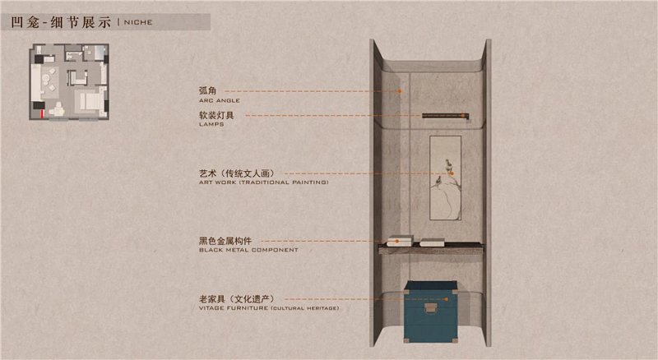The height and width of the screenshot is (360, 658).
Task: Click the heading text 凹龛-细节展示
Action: point(61,22)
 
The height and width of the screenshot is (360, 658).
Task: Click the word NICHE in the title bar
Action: point(138,22)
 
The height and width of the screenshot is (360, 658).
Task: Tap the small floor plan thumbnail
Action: point(69,82)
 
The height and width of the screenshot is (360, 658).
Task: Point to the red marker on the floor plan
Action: point(42,114)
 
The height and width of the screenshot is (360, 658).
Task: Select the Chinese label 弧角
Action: point(208,90)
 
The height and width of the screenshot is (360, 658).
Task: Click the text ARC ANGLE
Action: point(220,101)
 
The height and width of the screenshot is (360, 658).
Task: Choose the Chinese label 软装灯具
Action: point(216,115)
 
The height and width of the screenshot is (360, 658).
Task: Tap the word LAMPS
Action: point(211,124)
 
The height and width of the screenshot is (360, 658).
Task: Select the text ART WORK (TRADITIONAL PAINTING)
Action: point(263,182)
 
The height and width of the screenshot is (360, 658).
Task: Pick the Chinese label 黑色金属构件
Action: point(225,241)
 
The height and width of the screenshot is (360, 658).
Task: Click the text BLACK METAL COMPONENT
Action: point(248,250)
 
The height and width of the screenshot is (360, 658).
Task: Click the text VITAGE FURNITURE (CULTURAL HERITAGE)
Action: point(269,308)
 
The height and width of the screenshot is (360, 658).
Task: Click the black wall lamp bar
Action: point(445,116)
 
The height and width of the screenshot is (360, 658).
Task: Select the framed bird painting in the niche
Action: point(445,178)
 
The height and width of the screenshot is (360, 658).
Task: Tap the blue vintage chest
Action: point(430,312)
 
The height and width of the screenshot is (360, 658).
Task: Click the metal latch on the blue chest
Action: point(430,308)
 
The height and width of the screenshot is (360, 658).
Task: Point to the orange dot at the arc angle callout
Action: point(400,91)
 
